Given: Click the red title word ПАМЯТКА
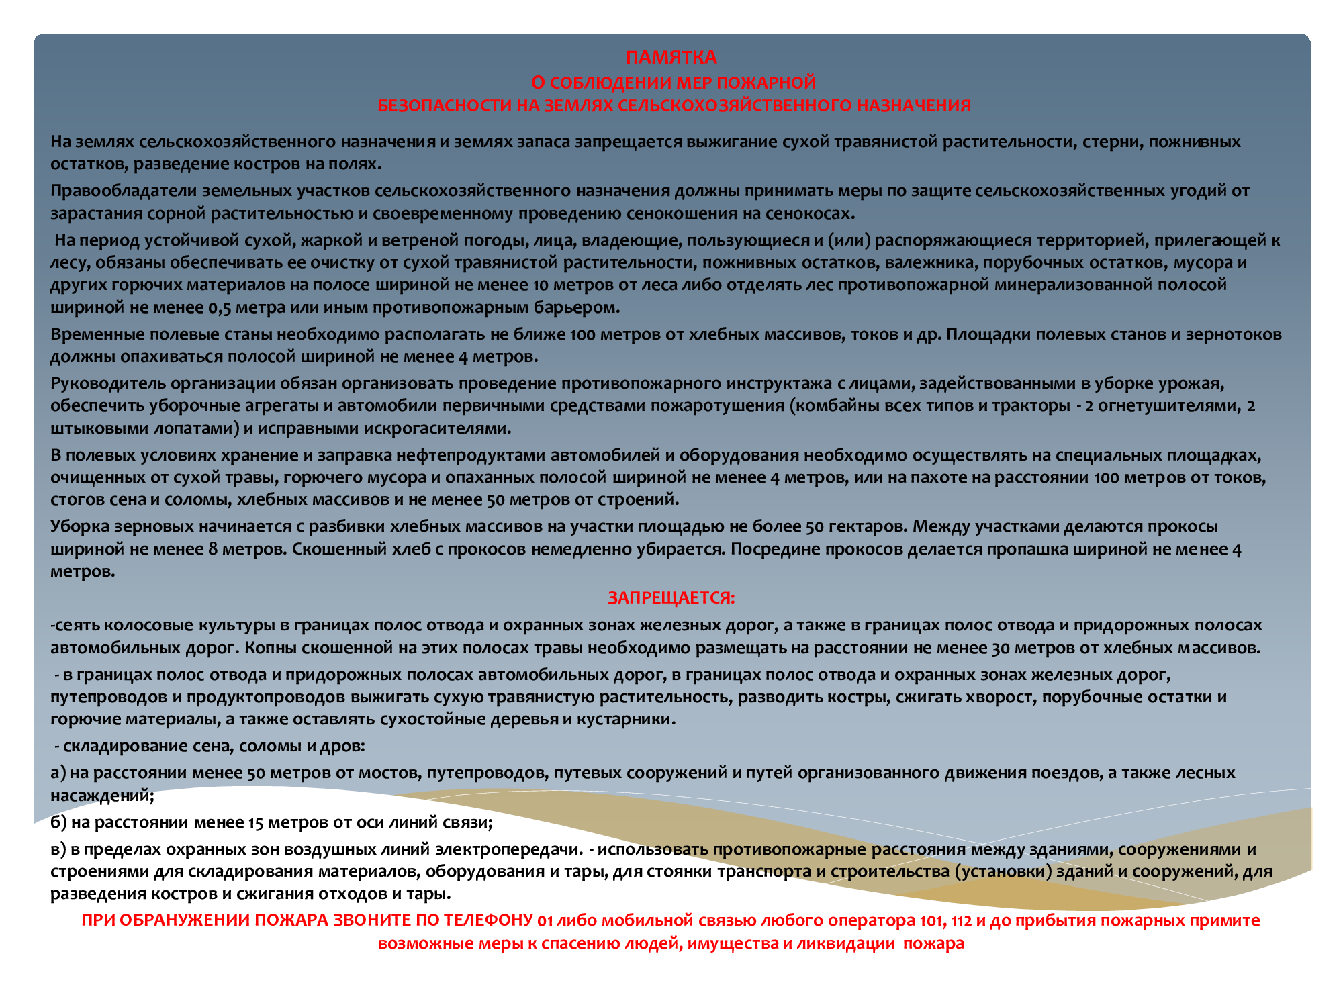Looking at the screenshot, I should [671, 58].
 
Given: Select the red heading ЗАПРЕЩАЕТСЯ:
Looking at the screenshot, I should [671, 598].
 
